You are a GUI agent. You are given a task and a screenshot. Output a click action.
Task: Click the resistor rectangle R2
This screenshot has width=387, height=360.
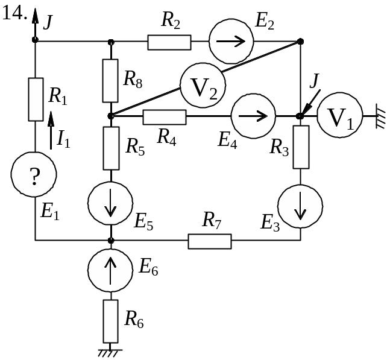pos(169,42)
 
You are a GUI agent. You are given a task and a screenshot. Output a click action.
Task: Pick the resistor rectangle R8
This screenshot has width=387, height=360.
pos(110,80)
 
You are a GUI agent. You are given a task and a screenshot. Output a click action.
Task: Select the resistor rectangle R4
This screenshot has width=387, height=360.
pos(164,116)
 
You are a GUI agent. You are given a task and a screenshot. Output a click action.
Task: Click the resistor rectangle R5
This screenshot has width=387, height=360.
pos(111,148)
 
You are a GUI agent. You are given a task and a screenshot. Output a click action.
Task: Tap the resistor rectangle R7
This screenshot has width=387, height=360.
pos(210,241)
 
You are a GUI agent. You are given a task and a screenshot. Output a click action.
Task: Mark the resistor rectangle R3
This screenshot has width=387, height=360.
pos(301,147)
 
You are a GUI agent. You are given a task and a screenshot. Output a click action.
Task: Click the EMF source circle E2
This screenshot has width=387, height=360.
pos(231,42)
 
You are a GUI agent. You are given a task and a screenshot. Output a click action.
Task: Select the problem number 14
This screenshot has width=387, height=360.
pos(14,14)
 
